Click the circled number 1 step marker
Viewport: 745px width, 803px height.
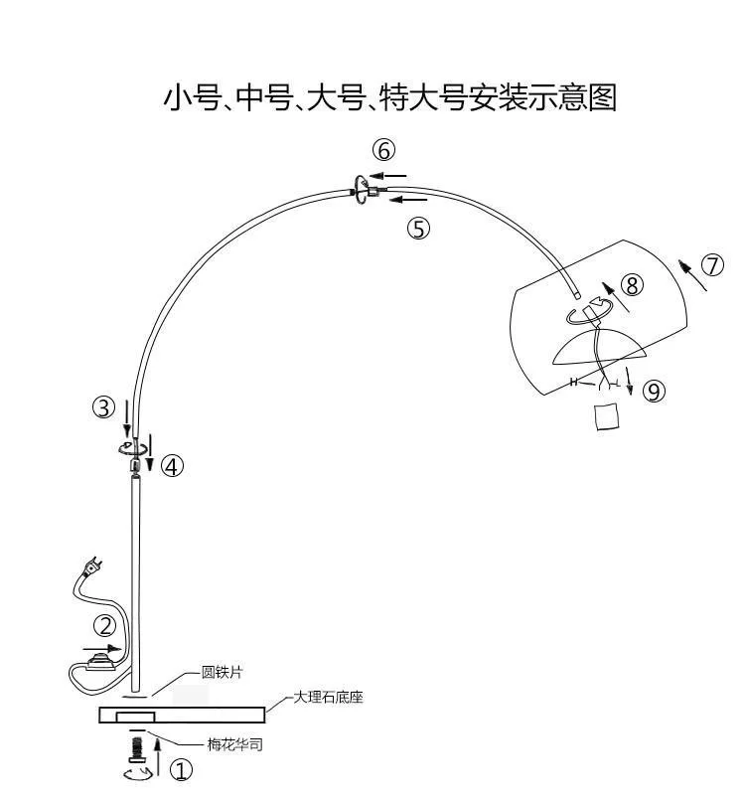pos(181,770)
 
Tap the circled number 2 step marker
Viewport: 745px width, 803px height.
pos(105,626)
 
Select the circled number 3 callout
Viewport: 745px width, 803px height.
pos(104,407)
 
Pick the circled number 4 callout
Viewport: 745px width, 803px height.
pos(172,466)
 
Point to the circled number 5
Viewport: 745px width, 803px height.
pos(419,229)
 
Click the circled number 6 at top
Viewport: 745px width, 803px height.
pos(384,151)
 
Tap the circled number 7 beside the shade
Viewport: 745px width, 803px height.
pos(713,265)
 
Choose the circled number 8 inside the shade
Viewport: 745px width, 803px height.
pos(633,285)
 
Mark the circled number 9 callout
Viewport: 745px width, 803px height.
pos(654,392)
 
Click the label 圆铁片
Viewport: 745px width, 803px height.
pos(222,672)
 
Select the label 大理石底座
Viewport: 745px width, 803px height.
pos(328,697)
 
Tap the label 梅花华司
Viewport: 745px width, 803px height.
pos(235,744)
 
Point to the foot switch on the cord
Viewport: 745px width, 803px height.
pos(103,662)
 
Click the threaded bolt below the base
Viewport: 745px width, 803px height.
pos(137,750)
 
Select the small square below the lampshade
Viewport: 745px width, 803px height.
pos(607,416)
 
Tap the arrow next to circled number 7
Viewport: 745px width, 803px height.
pos(692,275)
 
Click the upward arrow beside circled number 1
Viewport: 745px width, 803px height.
pos(158,755)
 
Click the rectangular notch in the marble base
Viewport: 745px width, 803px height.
pos(135,717)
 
